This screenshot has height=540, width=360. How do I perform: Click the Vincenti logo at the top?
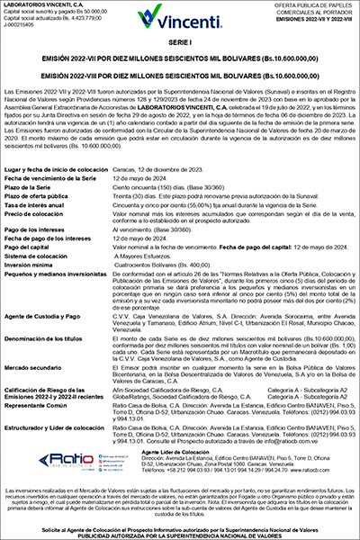pos(180,17)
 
